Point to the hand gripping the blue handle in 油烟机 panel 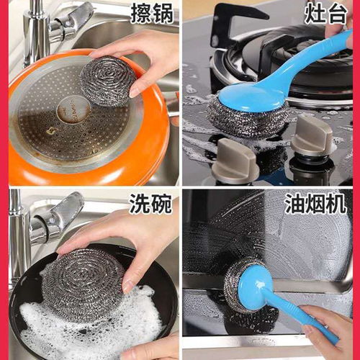click(328, 328)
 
